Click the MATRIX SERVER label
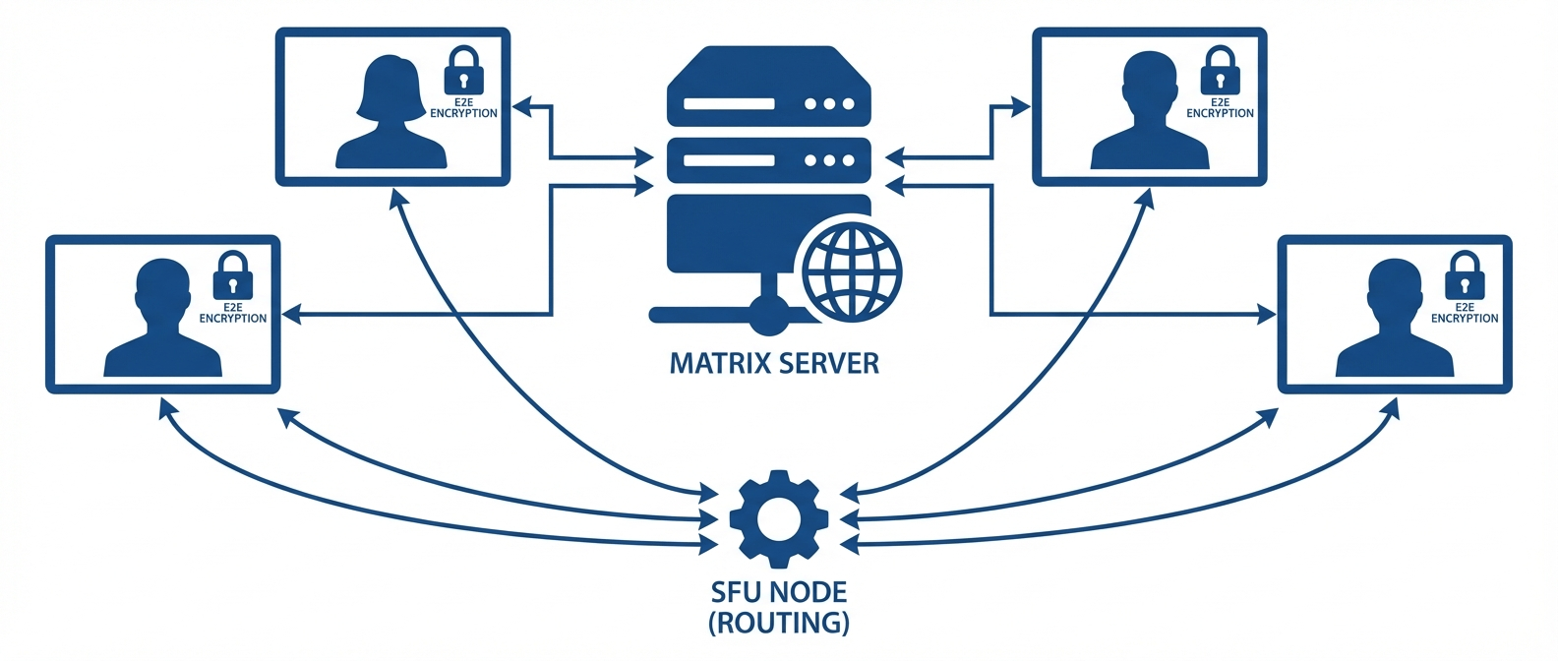[x=774, y=364]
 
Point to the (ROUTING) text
[x=779, y=623]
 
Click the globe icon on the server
[x=852, y=271]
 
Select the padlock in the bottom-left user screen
[x=233, y=277]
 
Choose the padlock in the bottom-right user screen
[x=1464, y=277]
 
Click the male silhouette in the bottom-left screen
[x=163, y=320]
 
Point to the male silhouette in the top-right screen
[x=1150, y=113]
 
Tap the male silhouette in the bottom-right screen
[x=1395, y=320]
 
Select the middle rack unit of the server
[x=769, y=160]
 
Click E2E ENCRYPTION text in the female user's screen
[x=463, y=108]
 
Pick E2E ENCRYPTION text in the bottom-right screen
[x=1465, y=313]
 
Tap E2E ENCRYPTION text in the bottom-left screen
[x=233, y=313]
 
